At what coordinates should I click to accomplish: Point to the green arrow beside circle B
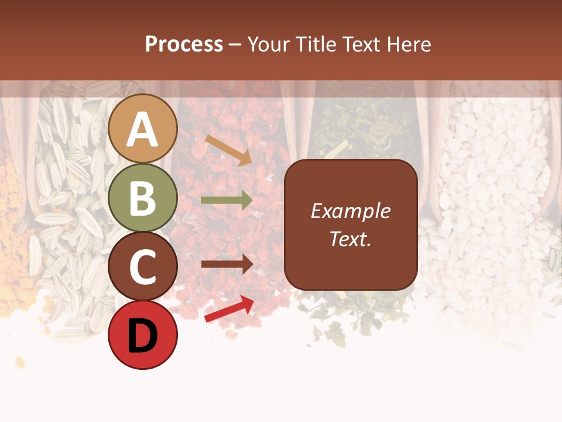[x=226, y=200]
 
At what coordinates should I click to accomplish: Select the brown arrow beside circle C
[x=227, y=264]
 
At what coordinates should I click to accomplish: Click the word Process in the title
[x=184, y=45]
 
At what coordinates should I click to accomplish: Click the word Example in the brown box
[x=350, y=211]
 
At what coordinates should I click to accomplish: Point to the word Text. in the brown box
[x=350, y=239]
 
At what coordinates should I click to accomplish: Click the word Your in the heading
[x=268, y=45]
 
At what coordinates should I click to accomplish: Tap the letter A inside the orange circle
[x=143, y=130]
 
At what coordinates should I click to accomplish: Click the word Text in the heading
[x=361, y=45]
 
